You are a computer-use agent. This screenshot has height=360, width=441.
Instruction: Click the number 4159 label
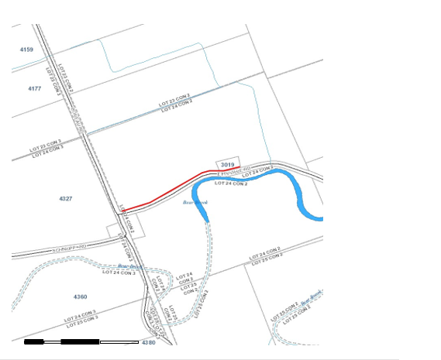point(27,50)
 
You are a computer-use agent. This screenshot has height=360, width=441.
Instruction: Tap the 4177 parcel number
point(34,89)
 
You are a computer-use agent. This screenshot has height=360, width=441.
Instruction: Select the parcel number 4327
point(65,199)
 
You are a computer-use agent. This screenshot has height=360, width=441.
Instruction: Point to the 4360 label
point(80,297)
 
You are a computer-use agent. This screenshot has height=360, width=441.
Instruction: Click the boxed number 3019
point(227,165)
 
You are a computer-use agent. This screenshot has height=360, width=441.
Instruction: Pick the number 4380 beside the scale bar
point(148,341)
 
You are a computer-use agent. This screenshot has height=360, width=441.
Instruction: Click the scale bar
point(81,341)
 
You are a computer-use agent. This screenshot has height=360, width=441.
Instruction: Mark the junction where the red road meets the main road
point(123,210)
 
